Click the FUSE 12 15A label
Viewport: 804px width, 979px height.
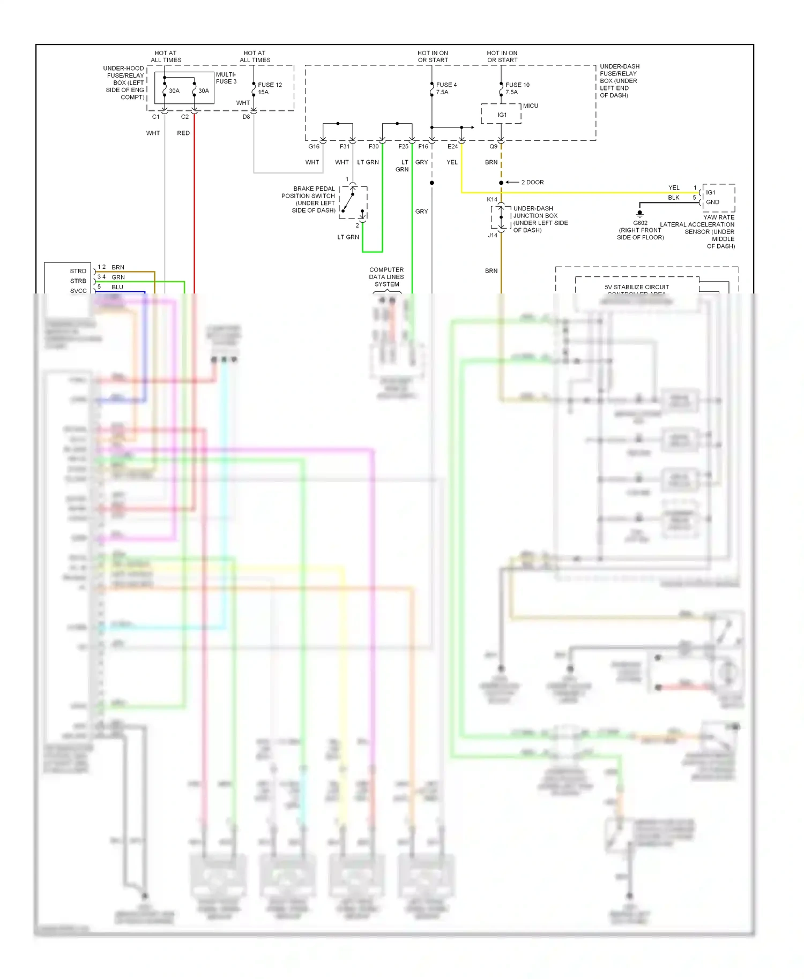[270, 88]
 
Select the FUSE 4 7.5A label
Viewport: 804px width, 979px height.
[446, 88]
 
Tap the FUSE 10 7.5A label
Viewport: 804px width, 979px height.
[517, 88]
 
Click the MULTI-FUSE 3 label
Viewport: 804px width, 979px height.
[226, 78]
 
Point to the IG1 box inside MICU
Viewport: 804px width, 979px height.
[502, 115]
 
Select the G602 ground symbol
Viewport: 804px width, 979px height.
[639, 214]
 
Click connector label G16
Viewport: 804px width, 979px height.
[314, 146]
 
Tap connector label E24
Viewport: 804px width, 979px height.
[452, 146]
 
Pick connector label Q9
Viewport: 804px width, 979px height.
[493, 146]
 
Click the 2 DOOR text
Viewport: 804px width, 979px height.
[532, 182]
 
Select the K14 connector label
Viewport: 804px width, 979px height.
[492, 199]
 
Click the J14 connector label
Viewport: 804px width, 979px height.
[492, 235]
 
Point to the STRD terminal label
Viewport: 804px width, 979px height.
[78, 271]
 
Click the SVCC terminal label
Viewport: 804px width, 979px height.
[78, 291]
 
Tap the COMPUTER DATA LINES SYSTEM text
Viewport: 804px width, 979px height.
[386, 277]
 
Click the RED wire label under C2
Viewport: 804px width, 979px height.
[183, 133]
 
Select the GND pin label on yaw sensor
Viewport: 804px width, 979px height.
[712, 202]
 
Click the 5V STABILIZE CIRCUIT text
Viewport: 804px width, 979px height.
[637, 287]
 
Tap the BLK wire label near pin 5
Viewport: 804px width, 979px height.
[673, 198]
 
